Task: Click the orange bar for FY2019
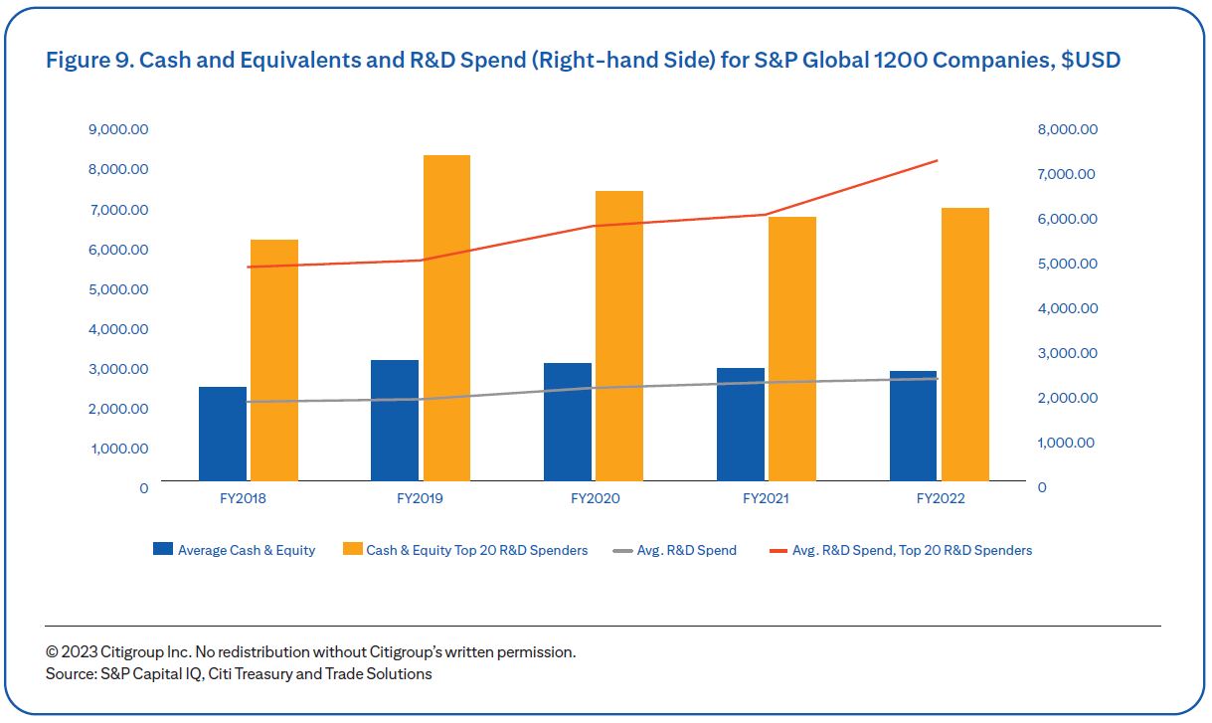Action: [x=446, y=318]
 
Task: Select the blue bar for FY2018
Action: [x=223, y=435]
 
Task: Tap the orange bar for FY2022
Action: [x=964, y=344]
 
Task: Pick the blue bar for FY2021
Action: [x=741, y=425]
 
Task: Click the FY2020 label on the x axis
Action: [x=595, y=498]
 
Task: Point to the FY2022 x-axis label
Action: [x=940, y=498]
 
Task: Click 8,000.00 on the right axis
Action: [x=1068, y=129]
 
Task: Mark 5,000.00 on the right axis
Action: [x=1068, y=264]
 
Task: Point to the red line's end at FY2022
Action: [x=938, y=161]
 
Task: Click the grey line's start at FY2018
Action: [x=249, y=402]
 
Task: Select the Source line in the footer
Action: [x=239, y=674]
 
